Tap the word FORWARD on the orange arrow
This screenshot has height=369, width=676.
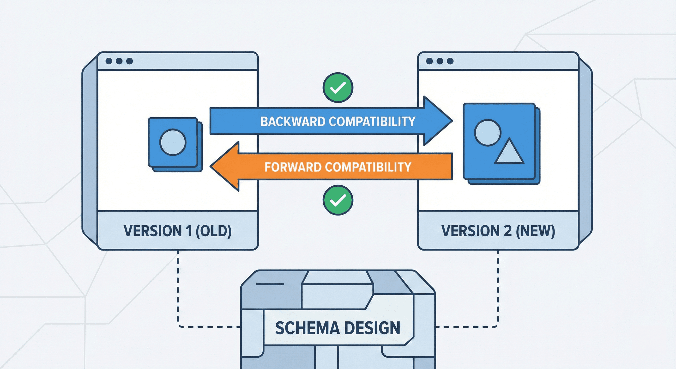[293, 167]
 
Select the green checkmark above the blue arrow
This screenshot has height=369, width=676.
[338, 88]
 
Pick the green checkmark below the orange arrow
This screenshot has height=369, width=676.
[338, 200]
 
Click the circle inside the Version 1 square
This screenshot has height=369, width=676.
[173, 142]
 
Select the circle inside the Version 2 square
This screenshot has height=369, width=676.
[488, 133]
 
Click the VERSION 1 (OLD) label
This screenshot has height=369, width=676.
[177, 231]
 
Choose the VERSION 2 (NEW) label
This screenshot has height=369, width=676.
[498, 231]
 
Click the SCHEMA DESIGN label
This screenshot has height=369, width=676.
[338, 328]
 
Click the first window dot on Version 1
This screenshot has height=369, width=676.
[109, 61]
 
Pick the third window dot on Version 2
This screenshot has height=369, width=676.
[450, 61]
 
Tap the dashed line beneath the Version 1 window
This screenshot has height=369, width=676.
[178, 289]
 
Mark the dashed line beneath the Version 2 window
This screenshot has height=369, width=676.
[498, 289]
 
